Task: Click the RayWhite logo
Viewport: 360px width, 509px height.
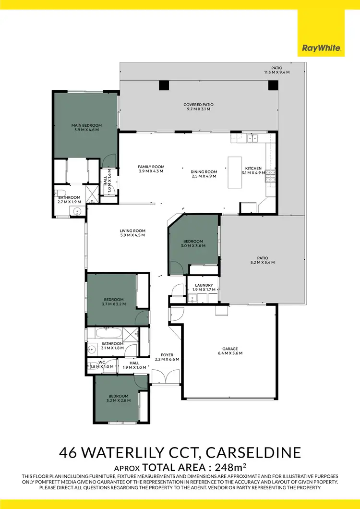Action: click(321, 48)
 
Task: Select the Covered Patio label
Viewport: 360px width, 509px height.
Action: click(198, 105)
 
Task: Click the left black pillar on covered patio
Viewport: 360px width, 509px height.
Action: click(164, 85)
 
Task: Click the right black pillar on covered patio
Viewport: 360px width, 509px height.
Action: click(273, 85)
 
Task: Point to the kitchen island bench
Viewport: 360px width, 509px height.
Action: click(234, 173)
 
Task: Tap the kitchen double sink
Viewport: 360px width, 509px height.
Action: click(252, 139)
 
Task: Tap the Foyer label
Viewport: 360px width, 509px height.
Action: click(167, 355)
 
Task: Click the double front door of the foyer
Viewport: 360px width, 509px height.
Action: click(165, 377)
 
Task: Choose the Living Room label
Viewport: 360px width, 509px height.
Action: click(132, 230)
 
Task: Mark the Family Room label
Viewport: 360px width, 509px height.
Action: click(151, 167)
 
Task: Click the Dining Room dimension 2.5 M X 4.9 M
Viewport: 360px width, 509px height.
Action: click(204, 176)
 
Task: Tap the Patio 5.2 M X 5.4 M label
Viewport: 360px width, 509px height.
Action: click(262, 262)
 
